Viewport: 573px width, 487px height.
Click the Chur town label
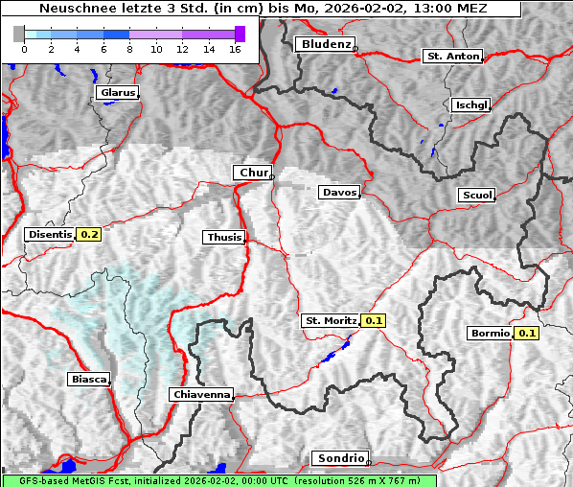coord(253,173)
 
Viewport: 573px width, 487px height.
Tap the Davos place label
coord(339,193)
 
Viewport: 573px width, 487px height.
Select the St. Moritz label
coord(330,321)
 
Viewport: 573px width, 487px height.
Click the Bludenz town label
coord(324,44)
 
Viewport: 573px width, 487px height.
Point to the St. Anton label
coord(451,57)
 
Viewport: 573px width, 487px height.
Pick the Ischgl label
coord(470,104)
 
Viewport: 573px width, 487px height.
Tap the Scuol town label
coord(476,196)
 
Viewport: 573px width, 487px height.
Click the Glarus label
coord(117,93)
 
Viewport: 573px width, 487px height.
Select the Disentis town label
coord(51,234)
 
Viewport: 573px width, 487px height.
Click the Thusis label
coord(224,238)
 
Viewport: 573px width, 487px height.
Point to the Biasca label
coord(88,380)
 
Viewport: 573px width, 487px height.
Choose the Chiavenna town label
coord(201,394)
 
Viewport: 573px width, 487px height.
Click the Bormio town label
coord(490,334)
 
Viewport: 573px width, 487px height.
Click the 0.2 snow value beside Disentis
coord(89,234)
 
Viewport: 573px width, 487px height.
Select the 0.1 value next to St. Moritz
coord(374,321)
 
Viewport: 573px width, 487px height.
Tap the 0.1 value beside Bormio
coord(527,334)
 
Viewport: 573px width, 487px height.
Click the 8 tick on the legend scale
coord(129,49)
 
